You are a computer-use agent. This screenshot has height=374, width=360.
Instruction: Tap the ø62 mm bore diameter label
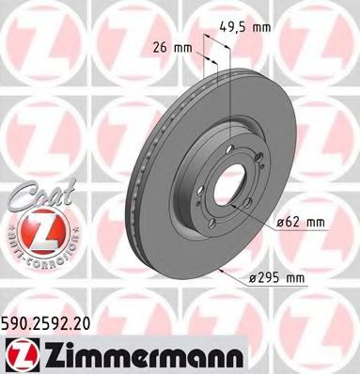coord(301,222)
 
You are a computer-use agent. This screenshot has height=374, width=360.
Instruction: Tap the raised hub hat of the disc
coord(222,179)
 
